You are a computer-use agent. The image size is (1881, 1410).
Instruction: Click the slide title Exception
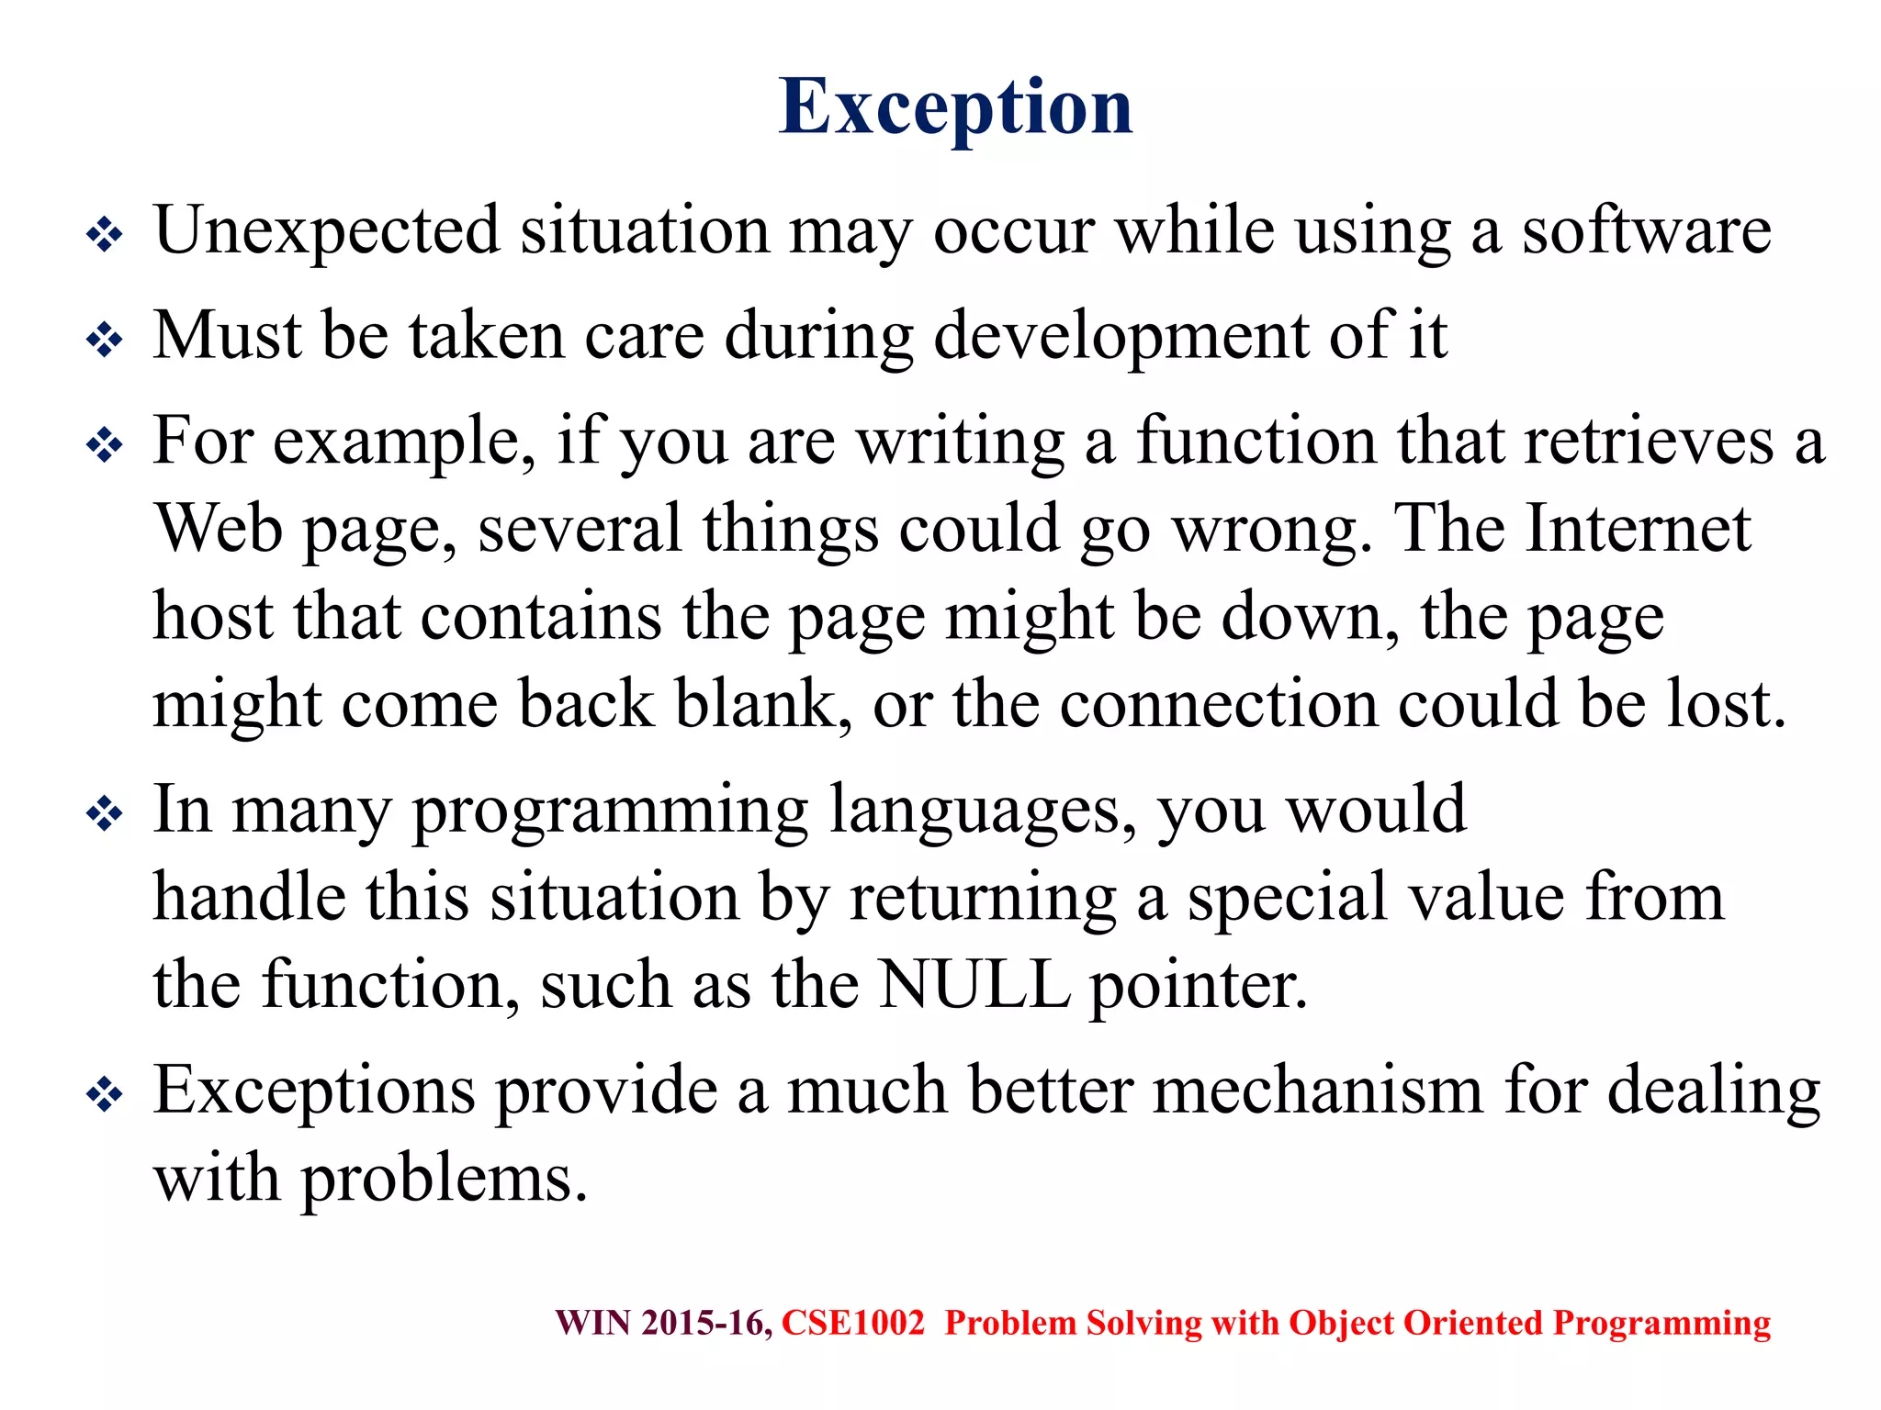pyautogui.click(x=955, y=107)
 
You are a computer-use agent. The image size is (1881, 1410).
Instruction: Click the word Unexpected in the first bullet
pyautogui.click(x=327, y=231)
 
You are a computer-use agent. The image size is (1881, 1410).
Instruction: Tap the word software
pyautogui.click(x=1646, y=231)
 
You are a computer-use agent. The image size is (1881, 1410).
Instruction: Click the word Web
pyautogui.click(x=218, y=530)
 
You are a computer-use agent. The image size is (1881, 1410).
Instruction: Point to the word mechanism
pyautogui.click(x=1317, y=1091)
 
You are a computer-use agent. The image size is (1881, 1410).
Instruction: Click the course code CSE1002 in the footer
pyautogui.click(x=852, y=1323)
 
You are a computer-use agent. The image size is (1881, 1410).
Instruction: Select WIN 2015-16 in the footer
pyautogui.click(x=663, y=1323)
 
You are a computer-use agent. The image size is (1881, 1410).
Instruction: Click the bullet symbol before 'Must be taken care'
pyautogui.click(x=105, y=341)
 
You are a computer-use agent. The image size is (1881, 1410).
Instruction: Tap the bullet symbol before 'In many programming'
pyautogui.click(x=105, y=814)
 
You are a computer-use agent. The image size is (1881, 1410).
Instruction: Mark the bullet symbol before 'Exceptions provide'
pyautogui.click(x=105, y=1094)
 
